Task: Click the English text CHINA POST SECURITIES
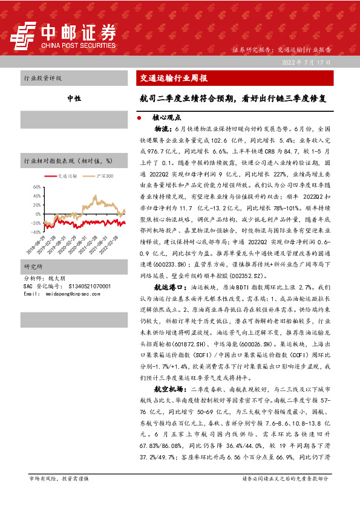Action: [x=78, y=44]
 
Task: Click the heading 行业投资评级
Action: [x=42, y=78]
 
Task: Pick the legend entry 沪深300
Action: [x=100, y=175]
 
